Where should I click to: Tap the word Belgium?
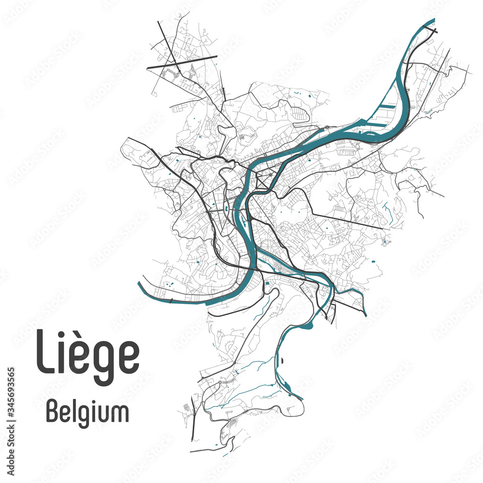87,413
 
